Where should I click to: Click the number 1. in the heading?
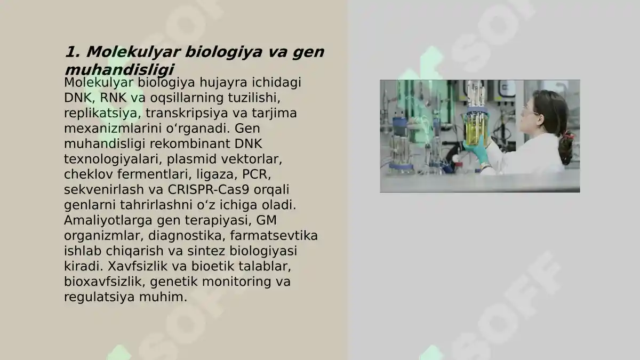click(x=73, y=52)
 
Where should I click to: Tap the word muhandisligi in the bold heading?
click(x=119, y=70)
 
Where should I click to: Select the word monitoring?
click(x=234, y=282)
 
